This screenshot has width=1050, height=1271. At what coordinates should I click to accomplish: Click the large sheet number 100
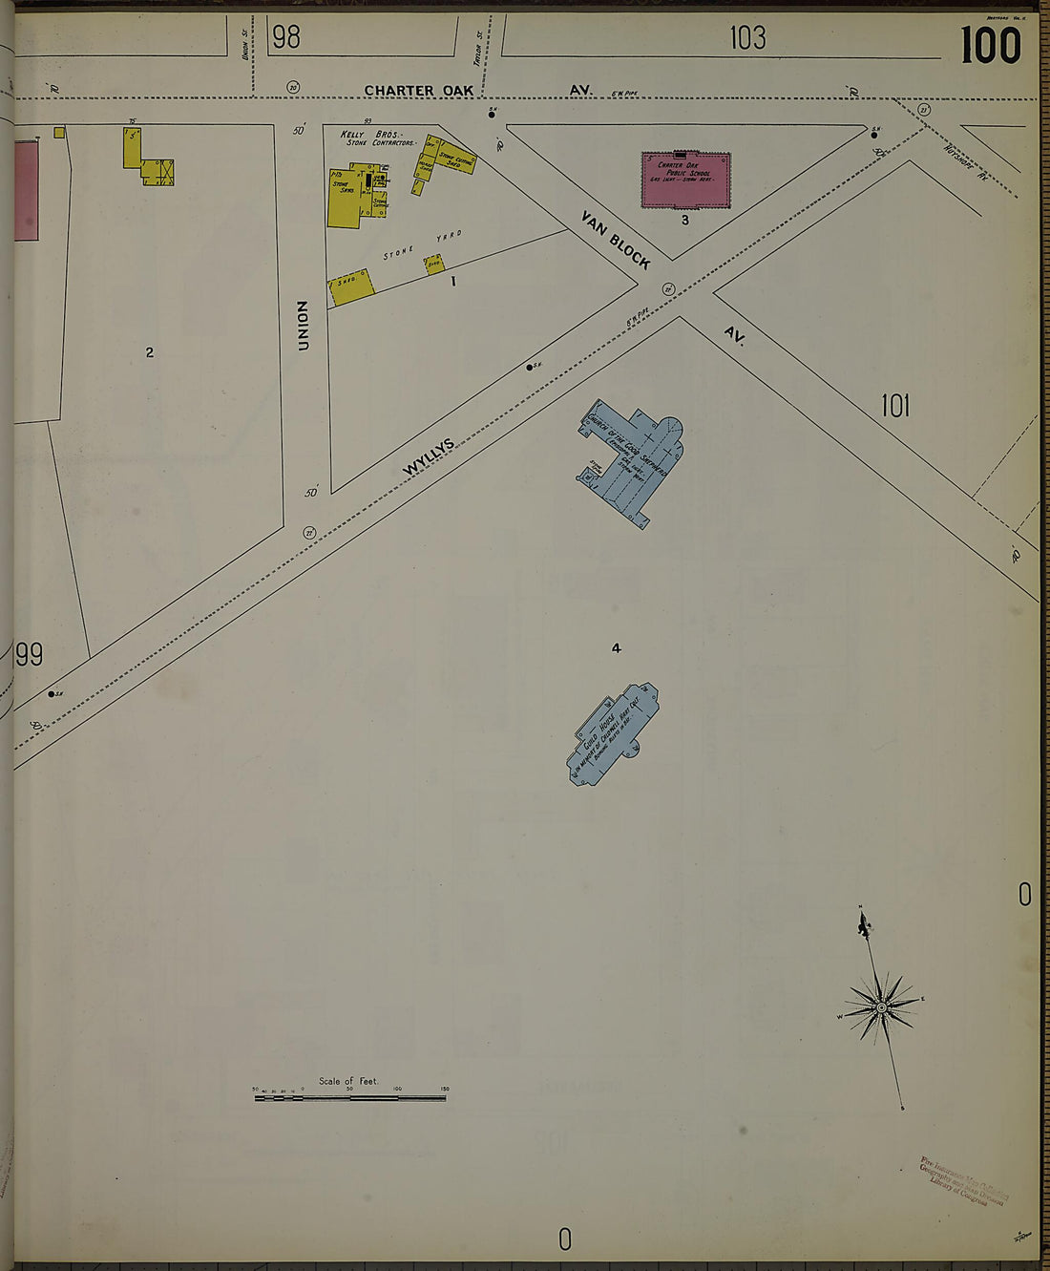coord(990,46)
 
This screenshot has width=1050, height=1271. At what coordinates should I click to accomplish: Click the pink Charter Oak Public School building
coord(685,180)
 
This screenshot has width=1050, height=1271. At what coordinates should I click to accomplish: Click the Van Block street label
coord(617,240)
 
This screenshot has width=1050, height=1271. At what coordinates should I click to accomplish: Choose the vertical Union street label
coord(304,326)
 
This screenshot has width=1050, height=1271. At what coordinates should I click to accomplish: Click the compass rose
coord(881,1006)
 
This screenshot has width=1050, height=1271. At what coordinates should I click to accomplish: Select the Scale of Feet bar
coord(349,1098)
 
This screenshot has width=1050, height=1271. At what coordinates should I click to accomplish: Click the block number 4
coord(617,648)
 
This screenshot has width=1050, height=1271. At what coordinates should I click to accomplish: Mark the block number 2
coord(149,352)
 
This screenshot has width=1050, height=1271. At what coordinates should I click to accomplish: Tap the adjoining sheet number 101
coord(894,407)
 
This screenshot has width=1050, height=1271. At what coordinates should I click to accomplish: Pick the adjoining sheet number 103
coord(747,37)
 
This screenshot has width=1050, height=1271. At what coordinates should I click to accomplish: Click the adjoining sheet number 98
coord(285,37)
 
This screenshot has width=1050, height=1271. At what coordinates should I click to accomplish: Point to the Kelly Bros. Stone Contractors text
coord(379,138)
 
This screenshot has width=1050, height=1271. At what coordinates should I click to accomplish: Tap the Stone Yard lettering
coord(423,245)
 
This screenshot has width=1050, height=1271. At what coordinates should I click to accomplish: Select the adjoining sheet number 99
coord(30,655)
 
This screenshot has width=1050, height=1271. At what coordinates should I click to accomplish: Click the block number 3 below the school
coord(684,221)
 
